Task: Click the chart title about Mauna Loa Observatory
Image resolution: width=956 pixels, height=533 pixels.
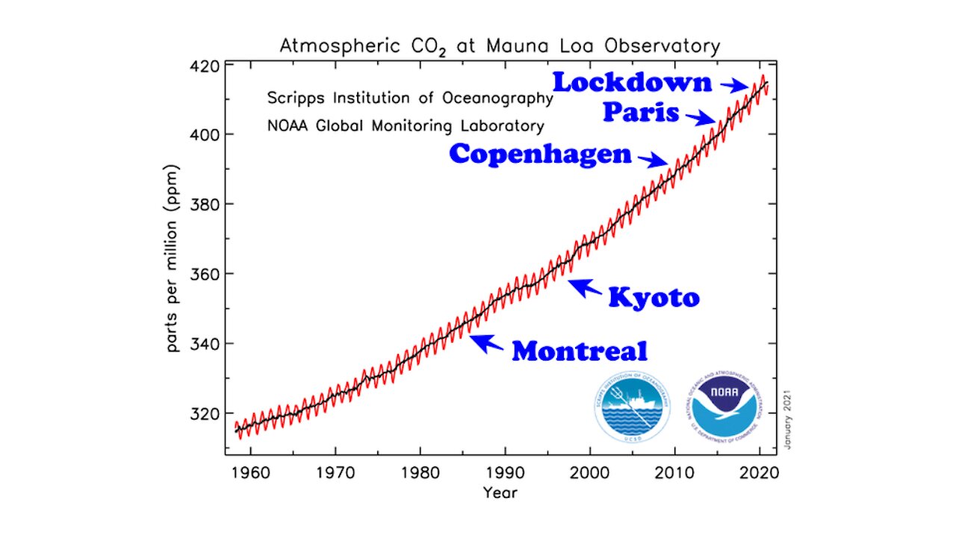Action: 500,46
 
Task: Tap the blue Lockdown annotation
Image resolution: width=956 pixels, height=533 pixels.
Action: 632,82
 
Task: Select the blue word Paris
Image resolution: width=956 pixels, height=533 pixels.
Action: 641,113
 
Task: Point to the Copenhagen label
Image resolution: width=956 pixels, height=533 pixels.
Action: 540,155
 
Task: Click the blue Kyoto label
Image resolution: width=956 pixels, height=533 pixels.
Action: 654,297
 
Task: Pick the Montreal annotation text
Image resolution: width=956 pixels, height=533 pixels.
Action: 579,351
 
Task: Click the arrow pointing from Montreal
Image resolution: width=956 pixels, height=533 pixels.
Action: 486,343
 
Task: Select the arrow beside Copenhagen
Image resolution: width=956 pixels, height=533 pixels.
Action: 654,160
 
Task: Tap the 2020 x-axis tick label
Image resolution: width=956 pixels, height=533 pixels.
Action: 760,474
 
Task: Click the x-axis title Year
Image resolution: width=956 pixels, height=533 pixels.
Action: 500,493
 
